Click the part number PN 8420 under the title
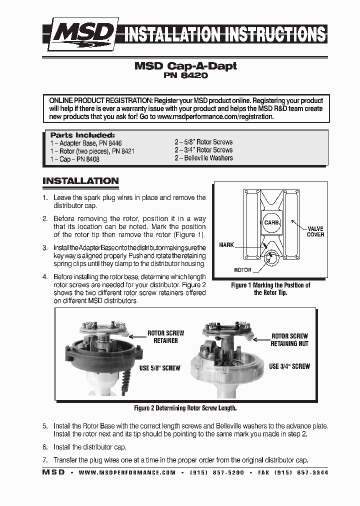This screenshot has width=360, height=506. tap(185, 76)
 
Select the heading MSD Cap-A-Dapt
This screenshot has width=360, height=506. tap(185, 66)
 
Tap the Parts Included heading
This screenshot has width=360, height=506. tap(82, 135)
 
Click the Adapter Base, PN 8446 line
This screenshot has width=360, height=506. tap(85, 143)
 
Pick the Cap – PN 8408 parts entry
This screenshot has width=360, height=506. tap(74, 159)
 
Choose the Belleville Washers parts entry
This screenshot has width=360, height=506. tap(203, 158)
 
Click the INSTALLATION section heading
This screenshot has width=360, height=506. tap(80, 181)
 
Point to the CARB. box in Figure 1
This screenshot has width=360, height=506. tap(271, 222)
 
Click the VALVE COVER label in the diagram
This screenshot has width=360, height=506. tap(315, 231)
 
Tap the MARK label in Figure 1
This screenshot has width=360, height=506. tap(226, 245)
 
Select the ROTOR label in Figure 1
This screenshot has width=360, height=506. tap(242, 269)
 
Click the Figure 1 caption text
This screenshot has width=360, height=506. tap(270, 288)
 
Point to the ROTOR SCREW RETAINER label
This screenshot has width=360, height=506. tap(165, 336)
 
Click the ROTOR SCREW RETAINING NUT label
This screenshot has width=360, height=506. tap(289, 340)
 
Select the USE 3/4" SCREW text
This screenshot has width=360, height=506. tap(289, 366)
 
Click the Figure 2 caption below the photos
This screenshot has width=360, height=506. tap(185, 408)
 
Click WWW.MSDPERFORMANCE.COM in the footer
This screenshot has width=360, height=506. tap(127, 472)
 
